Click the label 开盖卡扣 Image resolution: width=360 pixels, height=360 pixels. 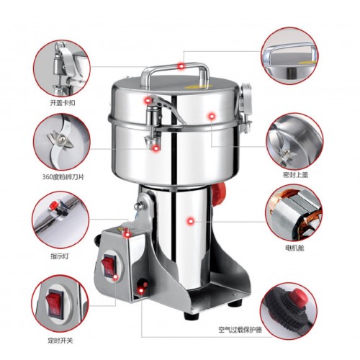[63, 103]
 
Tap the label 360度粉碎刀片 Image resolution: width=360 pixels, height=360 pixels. [63, 177]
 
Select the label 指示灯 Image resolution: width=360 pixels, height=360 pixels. [60, 256]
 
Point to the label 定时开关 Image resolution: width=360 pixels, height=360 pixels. [60, 341]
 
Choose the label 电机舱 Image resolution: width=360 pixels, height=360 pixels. [294, 248]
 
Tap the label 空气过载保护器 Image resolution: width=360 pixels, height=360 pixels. [240, 330]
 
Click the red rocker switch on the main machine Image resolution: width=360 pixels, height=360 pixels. [109, 265]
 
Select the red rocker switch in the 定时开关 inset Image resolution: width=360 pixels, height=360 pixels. [55, 303]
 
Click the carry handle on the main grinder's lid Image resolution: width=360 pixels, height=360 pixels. [174, 72]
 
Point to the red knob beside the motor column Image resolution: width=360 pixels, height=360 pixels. [219, 194]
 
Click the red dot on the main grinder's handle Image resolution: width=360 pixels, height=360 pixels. [181, 66]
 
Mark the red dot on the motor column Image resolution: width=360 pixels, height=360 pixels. [191, 221]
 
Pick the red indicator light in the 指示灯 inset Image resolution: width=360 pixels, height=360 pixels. [54, 204]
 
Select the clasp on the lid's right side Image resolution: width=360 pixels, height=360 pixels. [246, 108]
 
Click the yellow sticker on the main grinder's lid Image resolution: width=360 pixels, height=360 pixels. [192, 87]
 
